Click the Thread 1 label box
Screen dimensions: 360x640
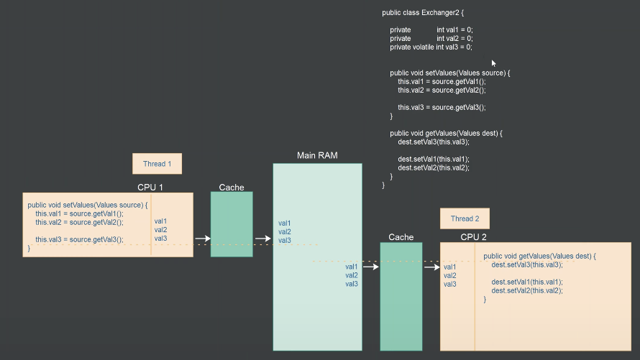point(157,164)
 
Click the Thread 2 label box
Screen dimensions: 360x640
point(465,218)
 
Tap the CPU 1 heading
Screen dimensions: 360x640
point(150,188)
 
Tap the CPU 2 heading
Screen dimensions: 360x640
point(474,237)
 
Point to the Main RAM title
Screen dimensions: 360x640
point(317,155)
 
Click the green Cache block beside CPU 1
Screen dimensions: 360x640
point(232,224)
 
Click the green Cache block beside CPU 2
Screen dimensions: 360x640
point(401,296)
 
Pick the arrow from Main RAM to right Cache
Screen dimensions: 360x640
point(370,267)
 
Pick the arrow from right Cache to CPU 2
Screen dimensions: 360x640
point(431,267)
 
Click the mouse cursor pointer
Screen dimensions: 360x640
point(494,63)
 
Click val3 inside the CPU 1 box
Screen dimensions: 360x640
point(160,239)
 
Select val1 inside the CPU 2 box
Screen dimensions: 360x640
point(450,267)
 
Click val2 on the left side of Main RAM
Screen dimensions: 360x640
point(285,231)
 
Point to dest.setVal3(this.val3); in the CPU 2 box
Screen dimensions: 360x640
point(527,264)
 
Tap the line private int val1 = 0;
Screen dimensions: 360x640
point(431,29)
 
